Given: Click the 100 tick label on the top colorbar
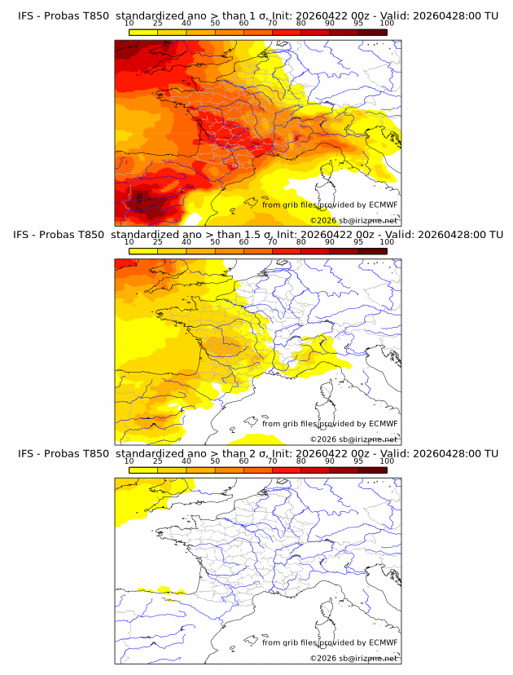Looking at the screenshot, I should [x=386, y=23].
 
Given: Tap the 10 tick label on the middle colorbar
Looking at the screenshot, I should [x=129, y=241].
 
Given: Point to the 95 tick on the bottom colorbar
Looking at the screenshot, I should [x=358, y=461].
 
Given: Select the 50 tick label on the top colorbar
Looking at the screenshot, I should [x=215, y=23].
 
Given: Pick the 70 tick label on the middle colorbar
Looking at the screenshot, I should [x=272, y=241].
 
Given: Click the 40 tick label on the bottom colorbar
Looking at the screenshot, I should [x=186, y=461].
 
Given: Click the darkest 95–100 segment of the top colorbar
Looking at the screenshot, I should [x=372, y=33].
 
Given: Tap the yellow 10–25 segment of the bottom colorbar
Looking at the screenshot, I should [x=143, y=470].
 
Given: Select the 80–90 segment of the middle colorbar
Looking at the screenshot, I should [x=315, y=251].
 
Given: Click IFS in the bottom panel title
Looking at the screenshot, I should [x=26, y=453].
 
